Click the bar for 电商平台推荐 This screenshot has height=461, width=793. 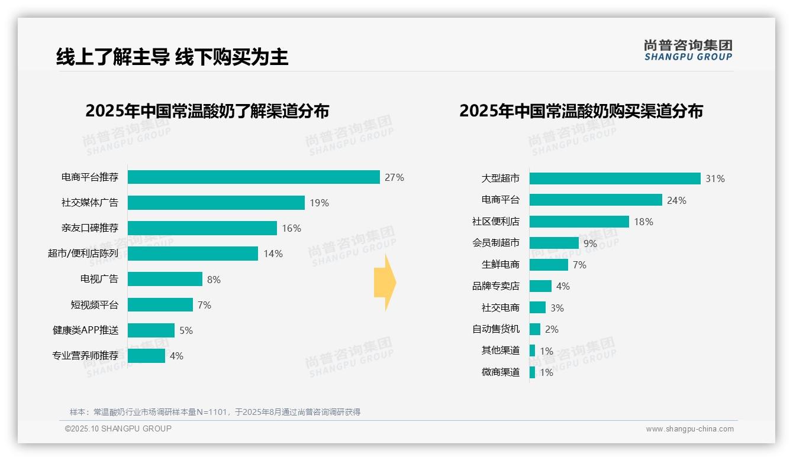click(253, 177)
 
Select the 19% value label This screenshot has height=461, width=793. click(319, 203)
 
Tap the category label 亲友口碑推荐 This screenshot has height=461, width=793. click(90, 228)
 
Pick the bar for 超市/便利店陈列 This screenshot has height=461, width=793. click(193, 254)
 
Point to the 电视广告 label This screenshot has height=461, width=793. click(99, 279)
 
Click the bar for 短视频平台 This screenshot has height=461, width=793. click(160, 305)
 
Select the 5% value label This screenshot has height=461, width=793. click(186, 330)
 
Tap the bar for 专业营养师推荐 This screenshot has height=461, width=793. click(146, 356)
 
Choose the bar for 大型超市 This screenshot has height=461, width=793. click(615, 178)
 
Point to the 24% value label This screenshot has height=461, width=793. click(676, 200)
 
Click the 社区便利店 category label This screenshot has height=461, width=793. click(496, 222)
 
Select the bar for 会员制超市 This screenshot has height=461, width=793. click(554, 243)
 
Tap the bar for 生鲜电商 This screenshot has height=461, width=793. click(549, 265)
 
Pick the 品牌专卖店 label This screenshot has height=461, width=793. click(496, 286)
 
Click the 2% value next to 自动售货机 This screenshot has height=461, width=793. click(552, 329)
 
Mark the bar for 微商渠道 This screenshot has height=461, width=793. click(532, 372)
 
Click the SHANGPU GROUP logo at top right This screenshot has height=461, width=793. click(688, 50)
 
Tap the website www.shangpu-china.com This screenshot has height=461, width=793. click(689, 429)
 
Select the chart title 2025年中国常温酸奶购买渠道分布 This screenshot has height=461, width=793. click(581, 111)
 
